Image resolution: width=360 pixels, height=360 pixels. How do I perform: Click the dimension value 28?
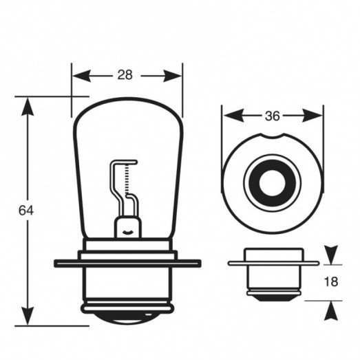(x=125, y=75)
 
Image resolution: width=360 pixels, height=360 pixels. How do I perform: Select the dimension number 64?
(x=26, y=211)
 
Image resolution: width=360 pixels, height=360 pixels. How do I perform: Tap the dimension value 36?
(x=273, y=116)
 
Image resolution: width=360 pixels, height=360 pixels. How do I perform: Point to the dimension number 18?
(x=331, y=282)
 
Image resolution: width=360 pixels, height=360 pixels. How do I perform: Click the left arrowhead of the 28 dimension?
(x=81, y=76)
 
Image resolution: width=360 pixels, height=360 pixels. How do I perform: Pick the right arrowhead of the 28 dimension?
(x=172, y=76)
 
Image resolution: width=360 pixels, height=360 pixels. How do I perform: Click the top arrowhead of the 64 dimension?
(x=28, y=107)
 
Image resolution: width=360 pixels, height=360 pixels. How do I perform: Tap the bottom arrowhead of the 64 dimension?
(x=28, y=316)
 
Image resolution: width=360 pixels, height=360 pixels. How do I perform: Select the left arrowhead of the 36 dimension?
(x=233, y=116)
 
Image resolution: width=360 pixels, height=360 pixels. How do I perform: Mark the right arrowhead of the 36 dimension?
(x=313, y=116)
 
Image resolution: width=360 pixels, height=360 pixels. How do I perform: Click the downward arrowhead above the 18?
(x=331, y=255)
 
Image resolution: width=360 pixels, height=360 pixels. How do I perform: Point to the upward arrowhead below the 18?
(x=331, y=310)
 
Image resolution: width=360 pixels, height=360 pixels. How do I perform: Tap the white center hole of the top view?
(x=273, y=183)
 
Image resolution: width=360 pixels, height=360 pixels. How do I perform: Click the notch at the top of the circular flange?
(x=273, y=136)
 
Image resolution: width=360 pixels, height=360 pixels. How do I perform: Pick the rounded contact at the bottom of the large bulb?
(x=127, y=319)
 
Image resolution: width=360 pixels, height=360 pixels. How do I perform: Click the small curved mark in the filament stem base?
(x=127, y=233)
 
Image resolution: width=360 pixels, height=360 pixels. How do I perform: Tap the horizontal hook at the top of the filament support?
(x=125, y=162)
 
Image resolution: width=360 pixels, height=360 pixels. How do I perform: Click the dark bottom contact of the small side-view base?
(x=273, y=298)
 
